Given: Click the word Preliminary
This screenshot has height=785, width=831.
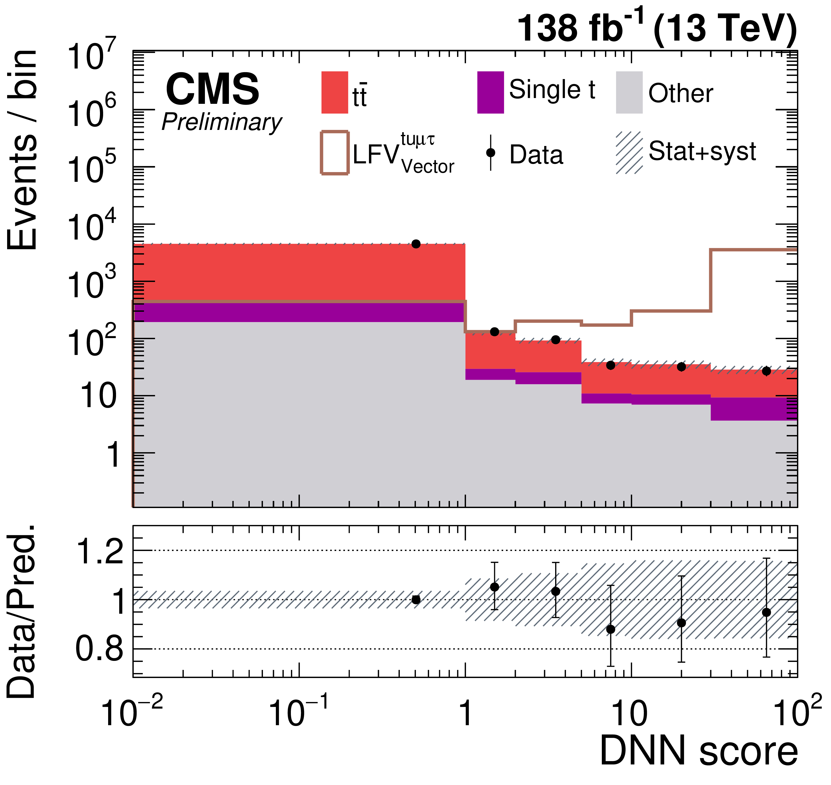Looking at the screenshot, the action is [222, 123].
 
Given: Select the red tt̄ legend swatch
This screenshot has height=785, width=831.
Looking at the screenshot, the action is [335, 92].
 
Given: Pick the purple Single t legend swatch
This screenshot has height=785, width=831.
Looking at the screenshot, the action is [491, 92].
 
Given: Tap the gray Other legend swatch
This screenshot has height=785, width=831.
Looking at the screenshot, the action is [629, 92].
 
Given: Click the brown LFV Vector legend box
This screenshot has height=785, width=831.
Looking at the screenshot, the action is [335, 153].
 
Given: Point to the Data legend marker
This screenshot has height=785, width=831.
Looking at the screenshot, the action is [491, 153].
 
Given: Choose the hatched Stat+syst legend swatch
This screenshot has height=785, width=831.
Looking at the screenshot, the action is [629, 153].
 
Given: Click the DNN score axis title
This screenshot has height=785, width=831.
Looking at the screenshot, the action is [699, 751].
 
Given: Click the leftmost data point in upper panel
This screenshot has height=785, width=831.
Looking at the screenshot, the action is [416, 244].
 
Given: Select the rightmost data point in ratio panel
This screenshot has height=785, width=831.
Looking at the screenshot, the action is [766, 612].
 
